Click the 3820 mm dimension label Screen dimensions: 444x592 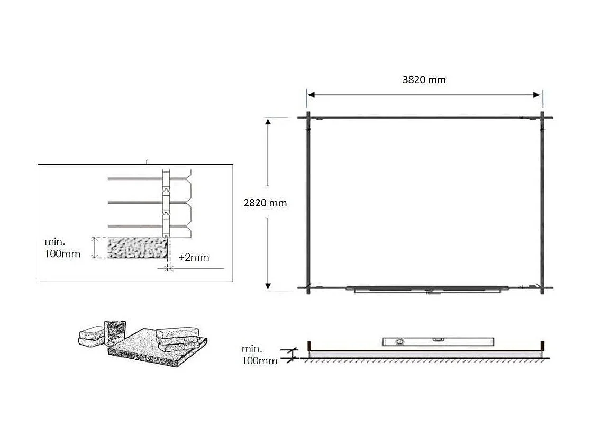pos(424,80)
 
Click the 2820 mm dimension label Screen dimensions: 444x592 pos(265,203)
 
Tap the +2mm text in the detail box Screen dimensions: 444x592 pos(194,258)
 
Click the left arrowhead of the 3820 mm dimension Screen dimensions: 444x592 pos(311,95)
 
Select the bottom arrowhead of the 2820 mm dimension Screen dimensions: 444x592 pos(268,286)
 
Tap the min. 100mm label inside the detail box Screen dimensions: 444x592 pos(62,248)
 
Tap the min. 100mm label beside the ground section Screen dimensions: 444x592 pos(259,355)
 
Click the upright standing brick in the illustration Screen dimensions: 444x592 pos(115,331)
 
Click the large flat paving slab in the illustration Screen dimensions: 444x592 pos(153,350)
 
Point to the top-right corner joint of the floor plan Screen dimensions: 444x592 pos(542,117)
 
